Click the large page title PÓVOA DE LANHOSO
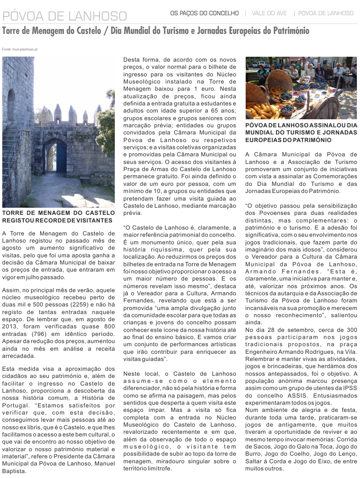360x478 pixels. (x=65, y=17)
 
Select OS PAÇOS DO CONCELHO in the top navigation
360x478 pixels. (x=204, y=13)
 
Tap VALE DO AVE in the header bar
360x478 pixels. (x=269, y=13)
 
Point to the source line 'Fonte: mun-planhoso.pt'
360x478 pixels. (x=20, y=49)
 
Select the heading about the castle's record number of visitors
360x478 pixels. (x=58, y=217)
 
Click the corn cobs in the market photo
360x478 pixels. (x=264, y=109)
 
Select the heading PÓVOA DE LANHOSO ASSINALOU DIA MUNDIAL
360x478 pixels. (x=301, y=133)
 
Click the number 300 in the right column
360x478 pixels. (x=352, y=329)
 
